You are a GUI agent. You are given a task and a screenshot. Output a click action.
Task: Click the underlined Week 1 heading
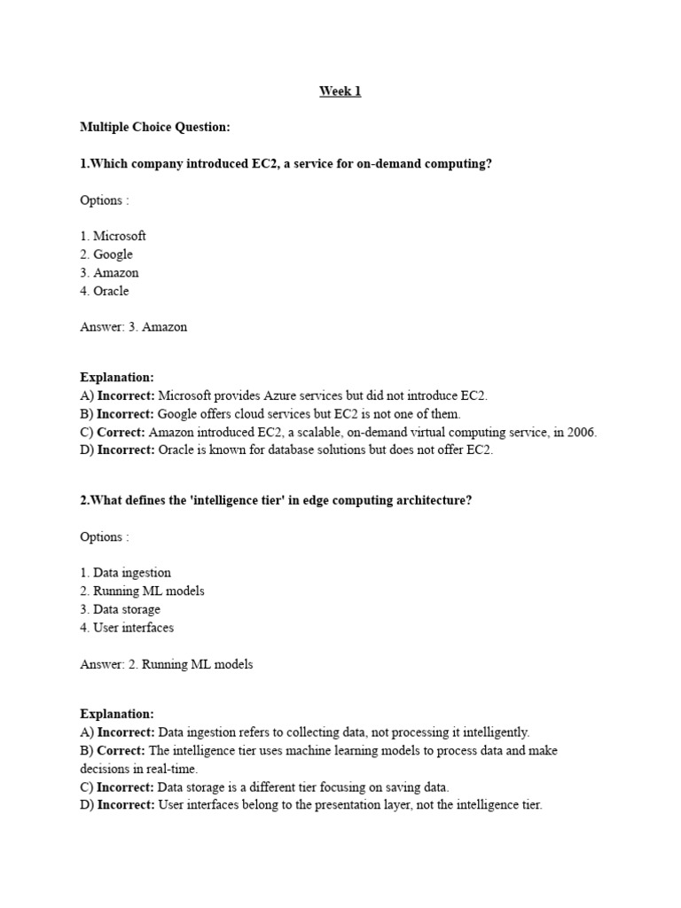pos(340,91)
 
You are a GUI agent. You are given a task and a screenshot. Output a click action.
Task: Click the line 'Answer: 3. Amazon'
pos(133,326)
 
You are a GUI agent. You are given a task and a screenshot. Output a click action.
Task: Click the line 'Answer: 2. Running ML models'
pos(166,664)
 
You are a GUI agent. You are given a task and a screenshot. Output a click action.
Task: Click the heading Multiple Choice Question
pos(155,128)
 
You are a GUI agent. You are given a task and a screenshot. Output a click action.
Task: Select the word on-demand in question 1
pos(390,164)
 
